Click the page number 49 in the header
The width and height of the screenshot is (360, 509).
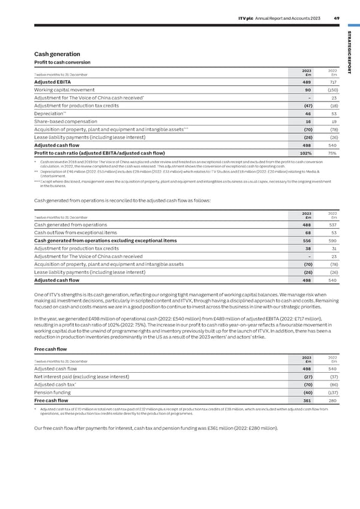tap(337, 17)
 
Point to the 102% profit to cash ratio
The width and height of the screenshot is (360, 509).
tap(304, 152)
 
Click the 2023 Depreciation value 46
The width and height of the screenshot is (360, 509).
tap(307, 113)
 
